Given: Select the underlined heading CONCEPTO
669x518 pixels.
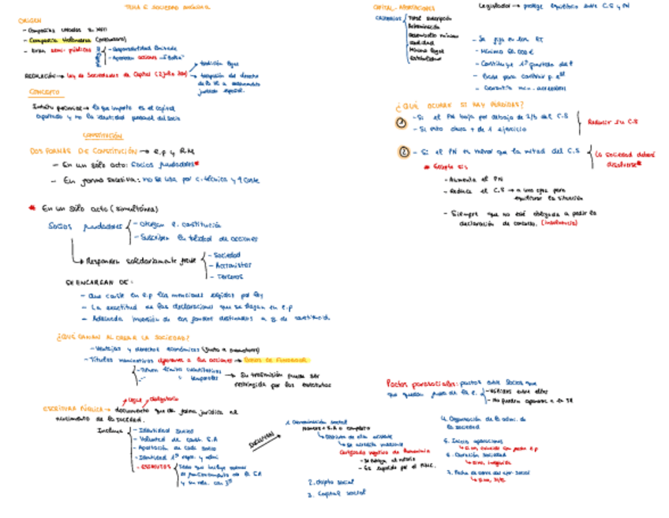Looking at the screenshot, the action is (x=34, y=92).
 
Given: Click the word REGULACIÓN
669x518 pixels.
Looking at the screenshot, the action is (x=39, y=76).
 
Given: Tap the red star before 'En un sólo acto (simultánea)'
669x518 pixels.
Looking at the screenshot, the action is (x=32, y=208).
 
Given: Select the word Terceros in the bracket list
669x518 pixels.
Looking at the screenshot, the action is (x=228, y=276).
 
